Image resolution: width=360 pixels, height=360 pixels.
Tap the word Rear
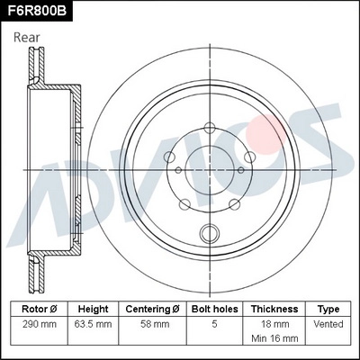click(28, 38)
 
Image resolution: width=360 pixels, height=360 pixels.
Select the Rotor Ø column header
click(39, 308)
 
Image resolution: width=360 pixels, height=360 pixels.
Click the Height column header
click(93, 308)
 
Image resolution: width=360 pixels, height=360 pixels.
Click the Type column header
click(329, 308)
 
